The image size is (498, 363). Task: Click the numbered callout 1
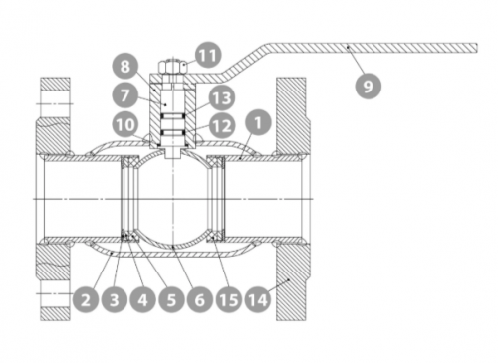(x=258, y=122)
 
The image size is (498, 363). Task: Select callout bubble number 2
(x=86, y=300)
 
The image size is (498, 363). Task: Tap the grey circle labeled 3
(x=114, y=300)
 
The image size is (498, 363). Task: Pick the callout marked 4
(x=142, y=300)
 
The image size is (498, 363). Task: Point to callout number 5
(x=171, y=300)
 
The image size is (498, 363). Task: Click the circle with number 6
(x=199, y=300)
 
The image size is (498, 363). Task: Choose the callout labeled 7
(x=124, y=95)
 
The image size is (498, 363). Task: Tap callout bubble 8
(x=124, y=66)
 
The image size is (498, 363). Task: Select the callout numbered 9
(x=368, y=86)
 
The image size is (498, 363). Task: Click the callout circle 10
(x=125, y=125)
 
